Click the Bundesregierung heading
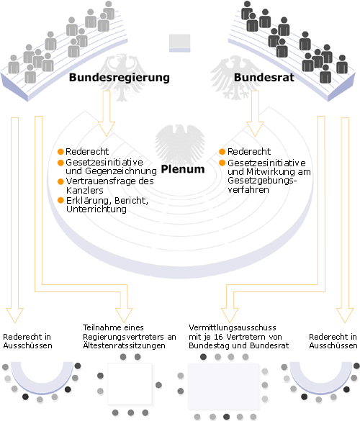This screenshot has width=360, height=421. pos(120,77)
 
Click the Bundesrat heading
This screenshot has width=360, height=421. pos(264,77)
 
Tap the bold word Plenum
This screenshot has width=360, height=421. pos(183,169)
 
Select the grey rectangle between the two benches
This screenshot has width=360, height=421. pos(180,43)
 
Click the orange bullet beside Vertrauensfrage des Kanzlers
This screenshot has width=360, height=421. pos(60,181)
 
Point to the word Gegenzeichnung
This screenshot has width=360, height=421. pos(121,171)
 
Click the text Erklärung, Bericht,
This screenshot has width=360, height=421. pos(107,201)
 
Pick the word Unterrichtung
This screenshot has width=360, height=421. pos(96,209)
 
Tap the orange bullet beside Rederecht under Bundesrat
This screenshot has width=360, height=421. pos(222,152)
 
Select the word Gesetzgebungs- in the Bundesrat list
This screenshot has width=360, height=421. pos(262,181)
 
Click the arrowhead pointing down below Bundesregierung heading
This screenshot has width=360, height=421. pos(107,129)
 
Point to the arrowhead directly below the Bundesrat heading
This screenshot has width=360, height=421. pos(255,129)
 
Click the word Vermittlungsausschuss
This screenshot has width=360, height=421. pos(233,327)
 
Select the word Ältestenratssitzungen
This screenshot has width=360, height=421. pos(124,345)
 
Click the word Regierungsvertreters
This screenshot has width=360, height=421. pos(123,337)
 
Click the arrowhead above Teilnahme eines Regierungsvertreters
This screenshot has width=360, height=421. pos(124,315)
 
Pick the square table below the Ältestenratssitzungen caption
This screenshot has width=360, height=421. pos(130,384)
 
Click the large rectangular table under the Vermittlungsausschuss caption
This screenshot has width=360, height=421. pos(223,386)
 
